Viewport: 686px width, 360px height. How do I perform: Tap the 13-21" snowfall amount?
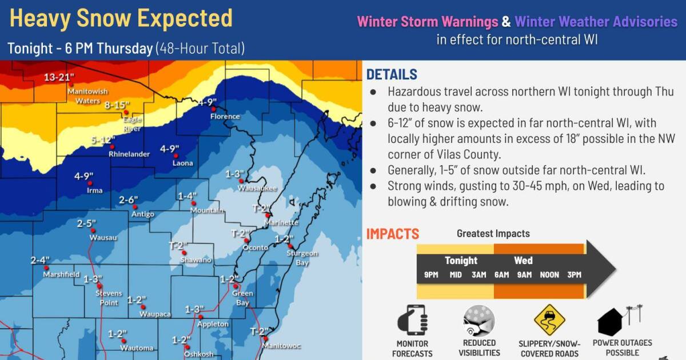[x=59, y=78]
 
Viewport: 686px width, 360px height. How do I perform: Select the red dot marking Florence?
[x=213, y=109]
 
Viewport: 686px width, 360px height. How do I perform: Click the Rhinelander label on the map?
[x=129, y=154]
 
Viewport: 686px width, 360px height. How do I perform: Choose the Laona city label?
[x=182, y=163]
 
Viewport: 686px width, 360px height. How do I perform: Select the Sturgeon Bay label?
[x=302, y=257]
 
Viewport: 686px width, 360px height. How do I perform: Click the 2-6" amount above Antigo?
[x=129, y=199]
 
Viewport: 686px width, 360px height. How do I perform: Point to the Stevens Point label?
[x=108, y=298]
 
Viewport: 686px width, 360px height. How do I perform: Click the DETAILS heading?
[x=392, y=74]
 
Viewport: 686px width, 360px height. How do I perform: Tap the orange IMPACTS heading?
[x=392, y=234]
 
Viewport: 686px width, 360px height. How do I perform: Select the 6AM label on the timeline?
[x=501, y=275]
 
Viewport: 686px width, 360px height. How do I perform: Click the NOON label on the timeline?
[x=549, y=275]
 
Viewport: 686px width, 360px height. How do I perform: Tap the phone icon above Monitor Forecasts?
[x=412, y=320]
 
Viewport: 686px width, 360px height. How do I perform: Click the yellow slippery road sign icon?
[x=549, y=320]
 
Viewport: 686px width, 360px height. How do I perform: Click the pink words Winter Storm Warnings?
[x=428, y=22]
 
